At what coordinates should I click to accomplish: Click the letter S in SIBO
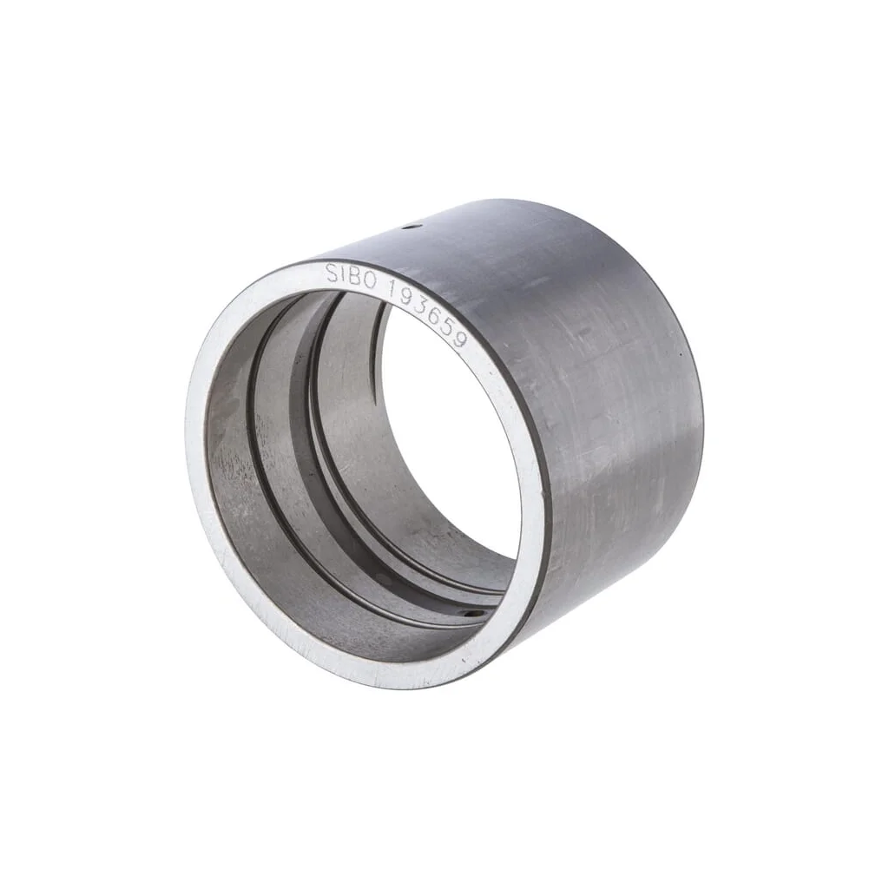(x=332, y=273)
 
